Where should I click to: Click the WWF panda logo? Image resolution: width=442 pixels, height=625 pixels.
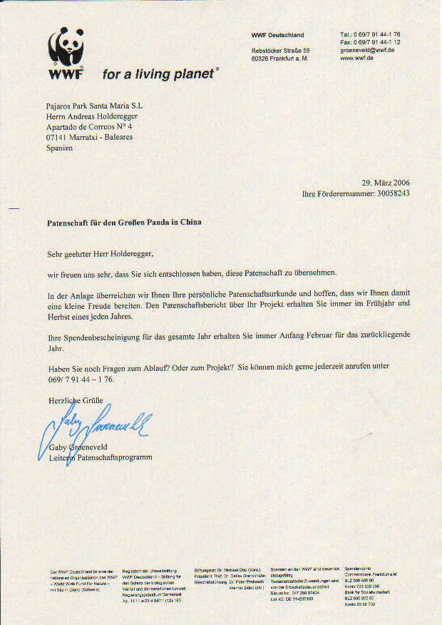pyautogui.click(x=66, y=53)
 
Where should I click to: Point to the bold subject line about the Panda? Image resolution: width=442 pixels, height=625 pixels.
pyautogui.click(x=124, y=223)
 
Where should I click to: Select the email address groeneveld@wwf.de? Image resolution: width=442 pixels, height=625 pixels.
pyautogui.click(x=367, y=50)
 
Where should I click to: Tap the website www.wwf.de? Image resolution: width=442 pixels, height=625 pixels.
pyautogui.click(x=357, y=59)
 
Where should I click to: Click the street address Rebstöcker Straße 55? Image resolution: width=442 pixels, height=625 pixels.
pyautogui.click(x=281, y=51)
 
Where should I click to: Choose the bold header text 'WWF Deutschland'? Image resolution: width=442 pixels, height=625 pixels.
pyautogui.click(x=277, y=35)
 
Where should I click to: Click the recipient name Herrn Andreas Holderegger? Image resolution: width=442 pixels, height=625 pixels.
pyautogui.click(x=92, y=116)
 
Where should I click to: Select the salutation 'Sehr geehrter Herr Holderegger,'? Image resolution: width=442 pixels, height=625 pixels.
pyautogui.click(x=100, y=253)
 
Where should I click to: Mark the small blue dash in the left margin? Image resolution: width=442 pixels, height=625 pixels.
pyautogui.click(x=14, y=208)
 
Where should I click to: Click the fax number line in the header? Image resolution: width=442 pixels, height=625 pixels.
pyautogui.click(x=370, y=42)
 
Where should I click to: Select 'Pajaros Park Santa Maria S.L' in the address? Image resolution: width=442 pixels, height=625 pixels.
pyautogui.click(x=94, y=106)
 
